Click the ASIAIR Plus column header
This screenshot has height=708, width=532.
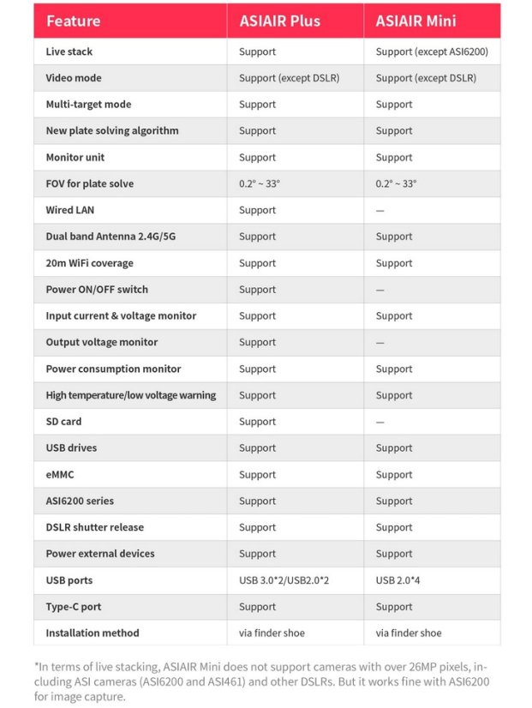pyautogui.click(x=279, y=21)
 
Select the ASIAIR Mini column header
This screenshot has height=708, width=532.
pyautogui.click(x=415, y=21)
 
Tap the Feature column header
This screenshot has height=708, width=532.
pyautogui.click(x=73, y=21)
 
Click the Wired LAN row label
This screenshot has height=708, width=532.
pyautogui.click(x=70, y=210)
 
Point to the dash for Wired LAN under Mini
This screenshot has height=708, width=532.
pyautogui.click(x=380, y=210)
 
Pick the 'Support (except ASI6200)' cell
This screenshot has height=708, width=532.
pyautogui.click(x=432, y=51)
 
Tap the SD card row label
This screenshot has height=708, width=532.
pyautogui.click(x=65, y=422)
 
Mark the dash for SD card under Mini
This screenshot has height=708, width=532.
pyautogui.click(x=380, y=422)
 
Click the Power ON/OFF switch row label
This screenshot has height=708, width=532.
pyautogui.click(x=96, y=290)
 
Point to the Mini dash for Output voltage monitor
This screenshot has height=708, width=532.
pyautogui.click(x=380, y=342)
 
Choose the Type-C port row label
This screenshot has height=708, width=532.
pyautogui.click(x=74, y=607)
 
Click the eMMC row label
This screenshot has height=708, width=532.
pyautogui.click(x=60, y=474)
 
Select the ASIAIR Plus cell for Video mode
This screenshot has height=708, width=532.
pyautogui.click(x=289, y=78)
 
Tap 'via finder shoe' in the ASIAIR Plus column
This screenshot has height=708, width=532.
pyautogui.click(x=272, y=633)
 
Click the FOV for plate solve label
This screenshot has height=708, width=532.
pyautogui.click(x=90, y=183)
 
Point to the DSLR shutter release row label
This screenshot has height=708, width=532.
pyautogui.click(x=95, y=527)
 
